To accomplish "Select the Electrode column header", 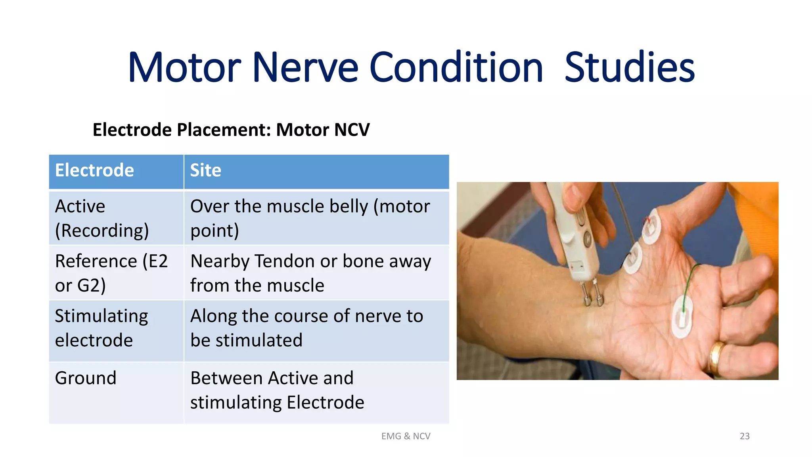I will (94, 171).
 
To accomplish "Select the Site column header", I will (205, 171).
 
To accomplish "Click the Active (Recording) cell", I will (102, 218).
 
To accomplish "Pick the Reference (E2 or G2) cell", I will (111, 273).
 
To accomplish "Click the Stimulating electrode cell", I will (101, 328).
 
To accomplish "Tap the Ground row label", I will (86, 378).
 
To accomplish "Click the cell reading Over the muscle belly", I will (310, 218).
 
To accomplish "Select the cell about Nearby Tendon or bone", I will (310, 273).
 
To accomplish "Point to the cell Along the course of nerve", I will (306, 328).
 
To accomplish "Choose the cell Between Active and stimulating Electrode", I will (277, 390).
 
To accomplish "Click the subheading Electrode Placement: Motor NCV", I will (231, 130).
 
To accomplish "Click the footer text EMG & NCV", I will (406, 436).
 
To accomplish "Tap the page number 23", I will (745, 436).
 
